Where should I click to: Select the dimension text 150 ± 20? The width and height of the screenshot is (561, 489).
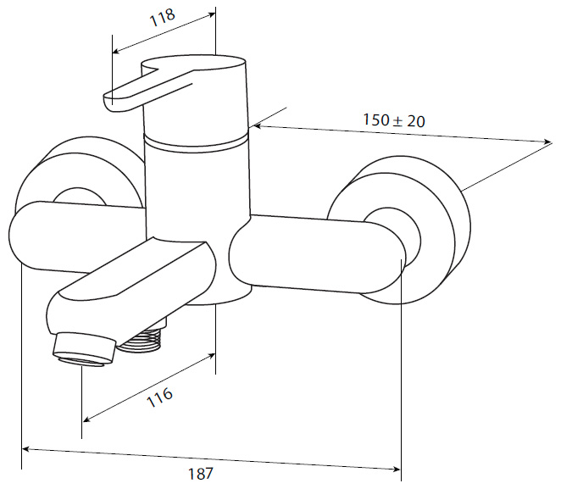[394, 120]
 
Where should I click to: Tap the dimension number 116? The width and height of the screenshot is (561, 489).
[160, 397]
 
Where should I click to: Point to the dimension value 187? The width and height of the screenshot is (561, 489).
[200, 474]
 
